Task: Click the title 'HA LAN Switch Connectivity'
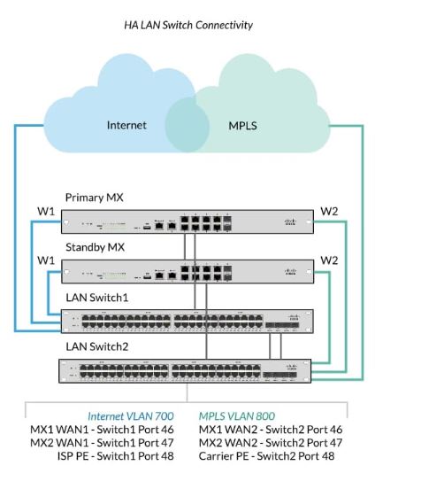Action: (188, 25)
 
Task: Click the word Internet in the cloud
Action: (126, 125)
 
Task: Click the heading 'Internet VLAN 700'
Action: (130, 415)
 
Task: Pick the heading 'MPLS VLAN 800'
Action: (238, 415)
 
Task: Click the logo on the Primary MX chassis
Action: (294, 220)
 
